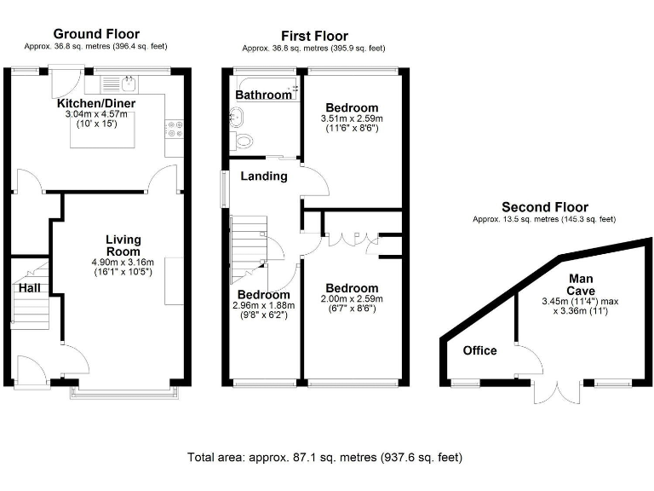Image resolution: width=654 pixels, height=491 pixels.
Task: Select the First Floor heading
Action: click(x=314, y=36)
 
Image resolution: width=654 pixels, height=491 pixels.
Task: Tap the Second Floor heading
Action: click(x=544, y=207)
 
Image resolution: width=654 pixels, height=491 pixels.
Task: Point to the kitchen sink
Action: click(x=128, y=84)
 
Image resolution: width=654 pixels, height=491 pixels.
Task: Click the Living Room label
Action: click(x=123, y=245)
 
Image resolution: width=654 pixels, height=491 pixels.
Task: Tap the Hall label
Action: click(x=28, y=288)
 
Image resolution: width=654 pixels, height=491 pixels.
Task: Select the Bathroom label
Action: click(x=263, y=95)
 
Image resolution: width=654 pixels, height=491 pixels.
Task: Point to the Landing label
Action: click(x=263, y=176)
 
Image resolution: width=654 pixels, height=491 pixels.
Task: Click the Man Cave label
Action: click(x=582, y=284)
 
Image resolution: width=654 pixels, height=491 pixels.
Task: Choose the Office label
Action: click(x=479, y=350)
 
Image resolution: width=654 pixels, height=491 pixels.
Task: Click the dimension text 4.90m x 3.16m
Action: click(x=123, y=263)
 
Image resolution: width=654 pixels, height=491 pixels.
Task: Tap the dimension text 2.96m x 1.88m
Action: click(x=263, y=304)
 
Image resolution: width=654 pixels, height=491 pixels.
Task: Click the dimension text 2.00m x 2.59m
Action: click(x=351, y=299)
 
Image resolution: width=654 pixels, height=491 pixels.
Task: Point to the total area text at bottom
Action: click(x=325, y=458)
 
